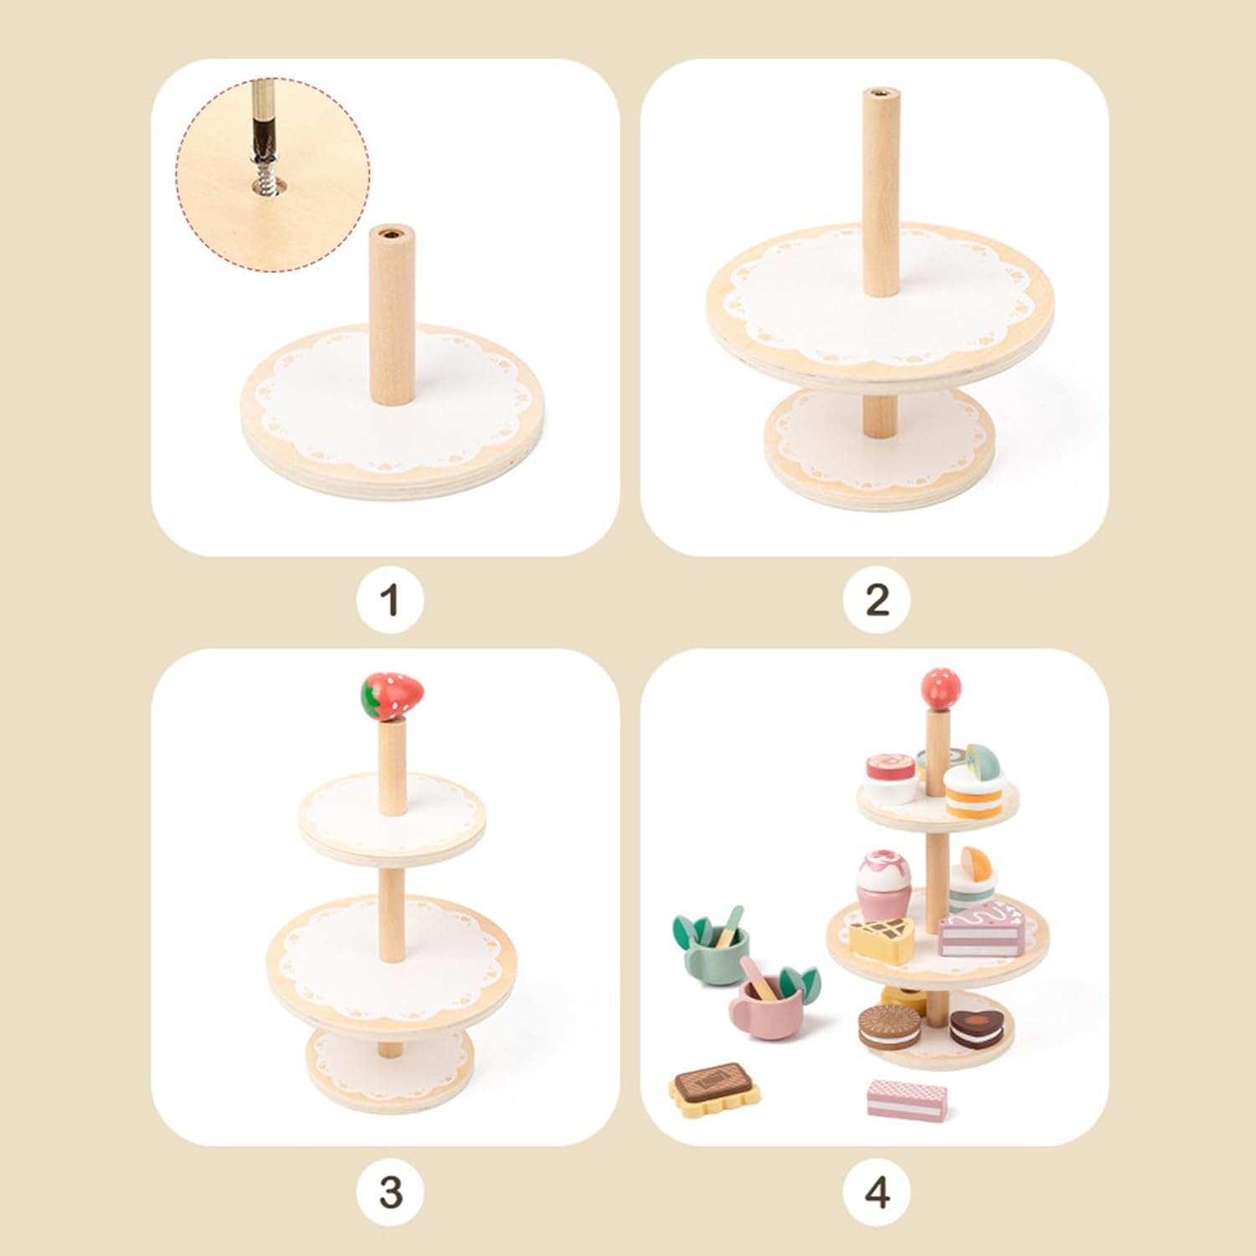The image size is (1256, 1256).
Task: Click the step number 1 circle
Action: (x=389, y=600)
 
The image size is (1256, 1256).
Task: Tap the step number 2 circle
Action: (x=877, y=600)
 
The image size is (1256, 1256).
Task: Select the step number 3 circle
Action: (x=389, y=1192)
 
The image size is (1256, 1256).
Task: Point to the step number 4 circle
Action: (x=877, y=1192)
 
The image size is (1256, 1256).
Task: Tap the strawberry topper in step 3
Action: (x=392, y=696)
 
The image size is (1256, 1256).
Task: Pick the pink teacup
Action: (x=772, y=999)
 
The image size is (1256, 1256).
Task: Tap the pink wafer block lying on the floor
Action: (x=907, y=1099)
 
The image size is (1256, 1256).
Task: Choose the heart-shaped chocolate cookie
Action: (x=976, y=1029)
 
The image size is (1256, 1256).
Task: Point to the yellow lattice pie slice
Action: (x=882, y=937)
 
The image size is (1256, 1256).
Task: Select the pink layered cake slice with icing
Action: (x=982, y=930)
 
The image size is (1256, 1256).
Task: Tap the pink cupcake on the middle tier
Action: (x=880, y=883)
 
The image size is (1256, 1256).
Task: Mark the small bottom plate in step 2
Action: (x=880, y=446)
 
